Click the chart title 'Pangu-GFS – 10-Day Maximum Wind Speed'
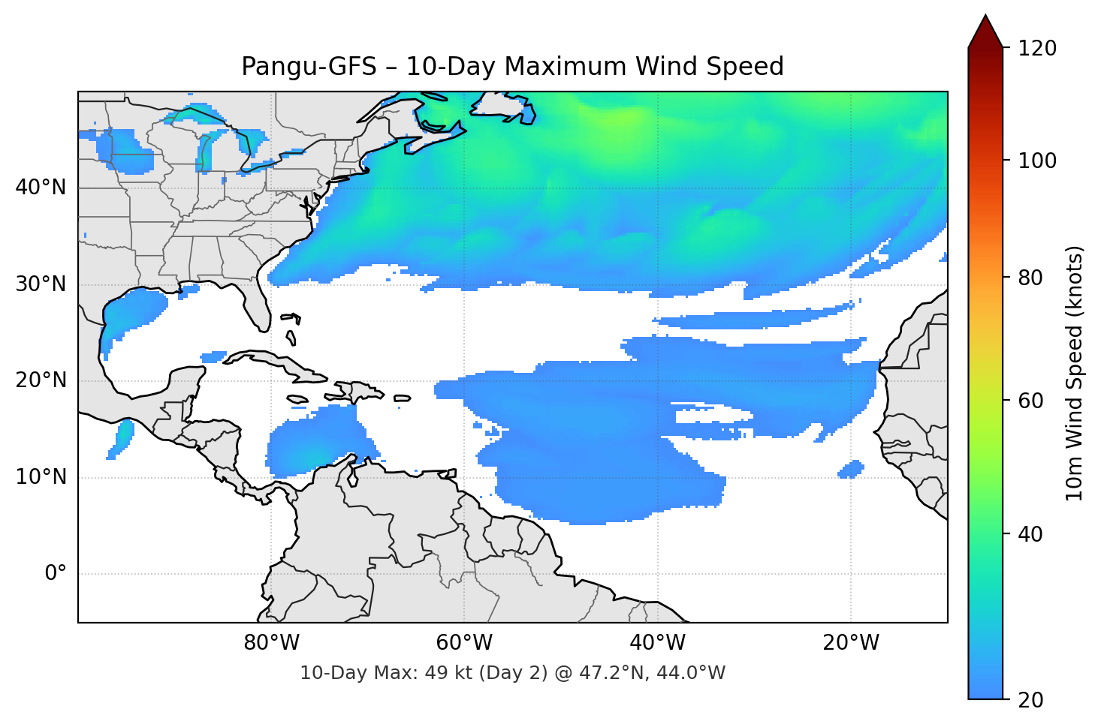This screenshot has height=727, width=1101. tap(512, 67)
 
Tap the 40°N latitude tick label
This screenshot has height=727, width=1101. tap(41, 188)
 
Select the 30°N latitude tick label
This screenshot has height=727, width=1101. tap(41, 284)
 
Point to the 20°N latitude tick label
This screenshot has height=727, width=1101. tap(41, 380)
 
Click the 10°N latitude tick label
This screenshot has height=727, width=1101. tap(41, 477)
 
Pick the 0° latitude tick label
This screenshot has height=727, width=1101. tap(56, 574)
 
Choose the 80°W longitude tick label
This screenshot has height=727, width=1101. tap(271, 643)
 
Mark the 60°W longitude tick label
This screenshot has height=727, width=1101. tap(464, 643)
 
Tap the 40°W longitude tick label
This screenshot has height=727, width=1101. tap(657, 643)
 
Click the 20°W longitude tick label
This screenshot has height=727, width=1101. tap(850, 643)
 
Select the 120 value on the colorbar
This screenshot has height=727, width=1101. tap(1037, 49)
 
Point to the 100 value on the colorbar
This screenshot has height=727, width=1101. tap(1037, 161)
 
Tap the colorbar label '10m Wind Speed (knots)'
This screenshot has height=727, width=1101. tap(1075, 373)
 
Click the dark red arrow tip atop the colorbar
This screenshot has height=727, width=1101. tap(985, 30)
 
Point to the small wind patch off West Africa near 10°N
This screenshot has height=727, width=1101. tap(851, 470)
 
